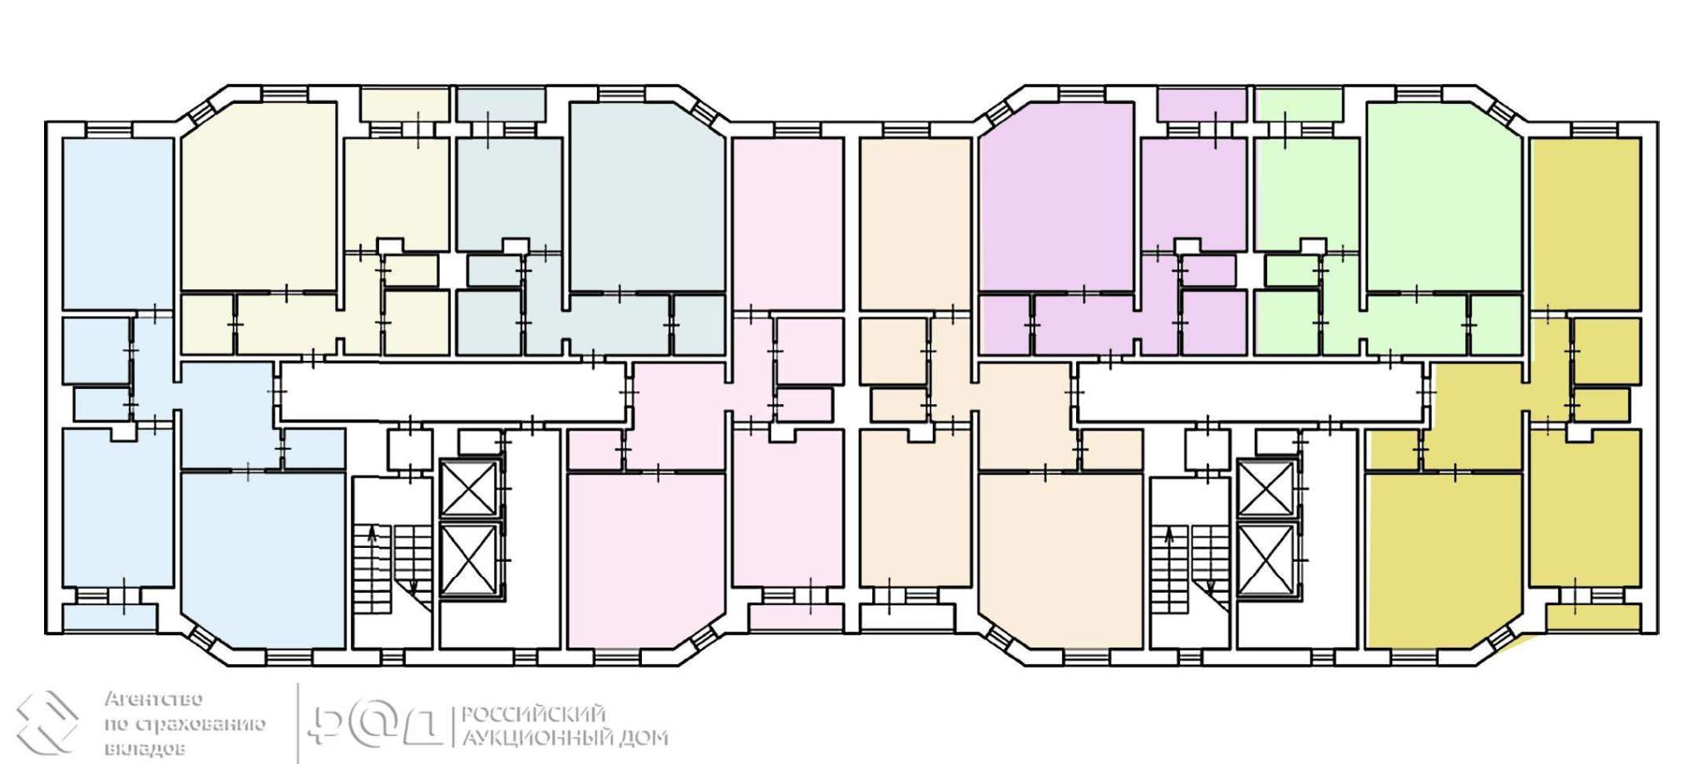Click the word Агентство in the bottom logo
[x=154, y=699]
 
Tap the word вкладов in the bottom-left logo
[x=145, y=749]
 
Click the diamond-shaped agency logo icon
[x=47, y=722]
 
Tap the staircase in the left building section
[x=392, y=569]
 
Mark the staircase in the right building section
[x=1190, y=569]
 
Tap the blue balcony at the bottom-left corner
[x=110, y=618]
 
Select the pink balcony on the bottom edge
[x=796, y=618]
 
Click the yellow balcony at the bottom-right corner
[x=1593, y=618]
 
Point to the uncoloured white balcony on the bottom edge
[x=907, y=618]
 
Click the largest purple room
[x=1057, y=197]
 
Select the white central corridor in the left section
[x=453, y=392]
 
